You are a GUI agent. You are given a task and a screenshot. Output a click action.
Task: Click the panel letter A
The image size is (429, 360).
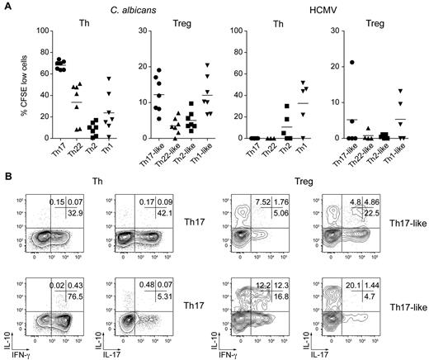pyautogui.click(x=6, y=7)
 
